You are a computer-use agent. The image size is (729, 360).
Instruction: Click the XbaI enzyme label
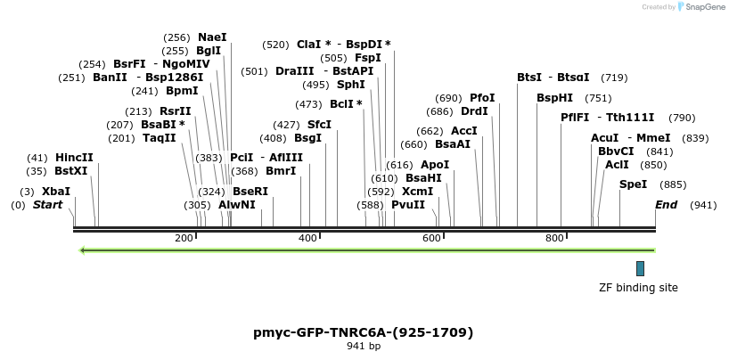pos(55,192)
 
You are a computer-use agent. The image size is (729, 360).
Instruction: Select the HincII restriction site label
pos(74,158)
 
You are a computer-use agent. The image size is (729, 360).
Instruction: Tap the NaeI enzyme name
pos(212,37)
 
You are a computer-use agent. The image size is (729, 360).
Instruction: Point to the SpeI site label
pos(633,184)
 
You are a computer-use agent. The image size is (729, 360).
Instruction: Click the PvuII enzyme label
pos(408,205)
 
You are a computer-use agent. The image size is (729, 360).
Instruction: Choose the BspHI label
pos(554,98)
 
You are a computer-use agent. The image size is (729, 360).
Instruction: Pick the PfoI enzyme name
pos(482,98)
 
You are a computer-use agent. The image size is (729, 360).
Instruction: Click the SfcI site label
pos(319,125)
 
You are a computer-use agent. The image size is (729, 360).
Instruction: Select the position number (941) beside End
pos(703,205)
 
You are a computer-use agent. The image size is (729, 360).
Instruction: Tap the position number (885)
pos(673,184)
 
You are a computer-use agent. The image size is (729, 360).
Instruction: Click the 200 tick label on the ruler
pos(184,239)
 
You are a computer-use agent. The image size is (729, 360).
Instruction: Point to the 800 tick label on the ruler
pos(554,239)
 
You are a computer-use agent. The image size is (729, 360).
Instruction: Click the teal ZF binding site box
pos(640,268)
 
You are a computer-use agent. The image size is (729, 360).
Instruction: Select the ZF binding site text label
pos(638,288)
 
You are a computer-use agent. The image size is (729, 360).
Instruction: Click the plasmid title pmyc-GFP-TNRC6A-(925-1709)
pos(364,332)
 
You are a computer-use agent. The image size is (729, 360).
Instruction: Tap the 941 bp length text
pos(364,347)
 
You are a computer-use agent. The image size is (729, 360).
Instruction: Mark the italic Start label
pos(48,205)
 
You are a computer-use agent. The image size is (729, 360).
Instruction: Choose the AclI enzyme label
pos(617,165)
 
